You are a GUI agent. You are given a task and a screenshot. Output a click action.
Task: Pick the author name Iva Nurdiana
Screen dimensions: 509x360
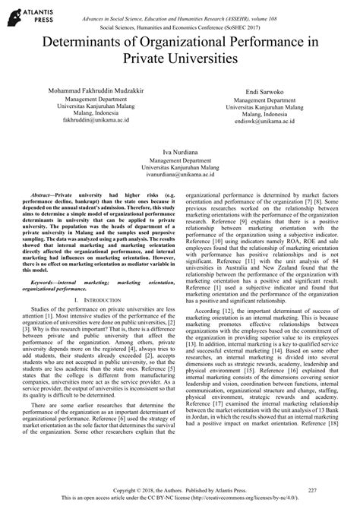click(x=179, y=152)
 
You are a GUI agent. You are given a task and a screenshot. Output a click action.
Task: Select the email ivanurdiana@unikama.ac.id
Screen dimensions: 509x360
click(x=179, y=181)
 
